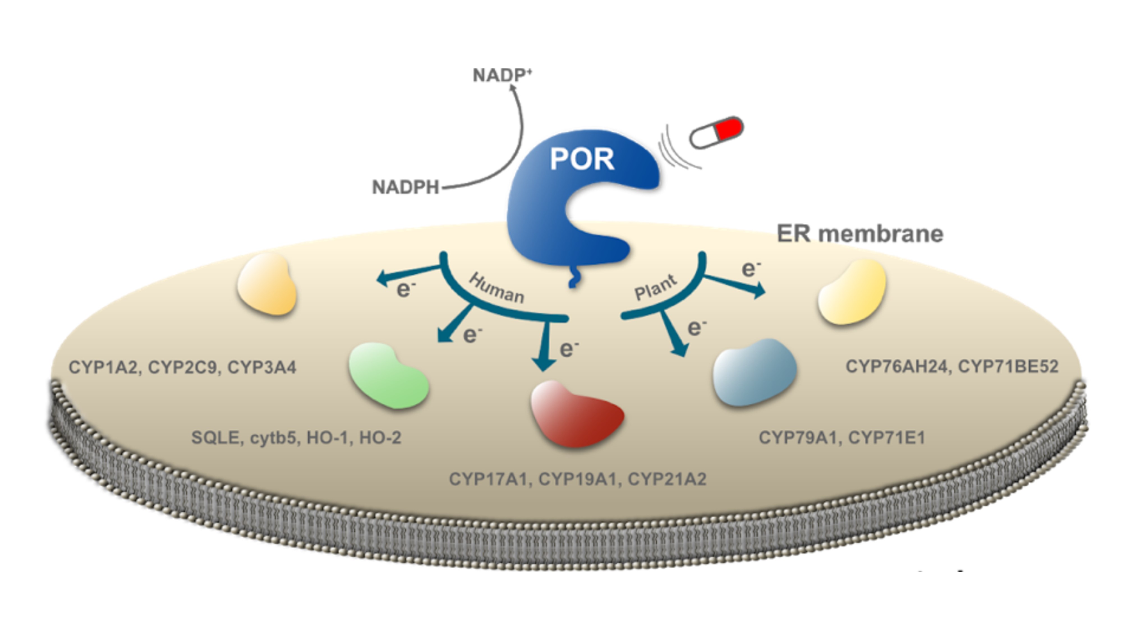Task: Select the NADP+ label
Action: pyautogui.click(x=502, y=75)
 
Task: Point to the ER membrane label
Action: pyautogui.click(x=860, y=234)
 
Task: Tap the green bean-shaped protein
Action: pyautogui.click(x=388, y=376)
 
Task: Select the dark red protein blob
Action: pyautogui.click(x=576, y=414)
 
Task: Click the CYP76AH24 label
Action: pyautogui.click(x=897, y=367)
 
